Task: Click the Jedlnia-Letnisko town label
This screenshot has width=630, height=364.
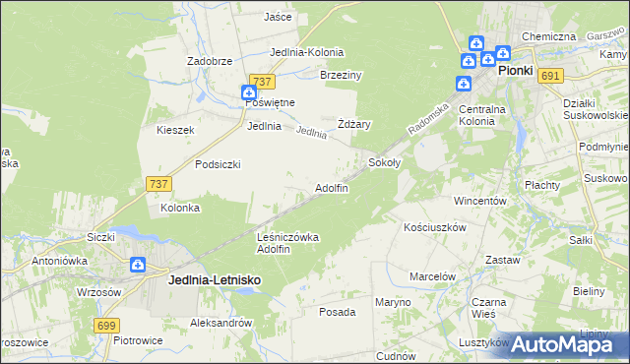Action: tap(214, 280)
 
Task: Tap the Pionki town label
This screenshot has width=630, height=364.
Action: tap(515, 71)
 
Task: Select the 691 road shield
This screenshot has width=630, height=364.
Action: tap(550, 77)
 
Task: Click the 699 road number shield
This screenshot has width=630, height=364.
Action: tap(107, 325)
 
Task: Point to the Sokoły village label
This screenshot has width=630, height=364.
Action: tap(384, 161)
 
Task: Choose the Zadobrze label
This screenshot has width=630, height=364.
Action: tap(209, 60)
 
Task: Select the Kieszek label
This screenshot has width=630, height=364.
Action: tap(175, 130)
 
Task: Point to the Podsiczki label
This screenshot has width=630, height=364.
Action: tap(218, 164)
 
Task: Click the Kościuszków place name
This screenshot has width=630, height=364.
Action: tap(434, 226)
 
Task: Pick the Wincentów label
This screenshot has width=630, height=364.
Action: tap(479, 200)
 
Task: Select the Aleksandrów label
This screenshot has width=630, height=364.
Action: tap(220, 322)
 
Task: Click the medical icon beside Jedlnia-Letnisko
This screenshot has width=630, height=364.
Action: tap(138, 265)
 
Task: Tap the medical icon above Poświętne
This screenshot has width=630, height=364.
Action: tap(250, 92)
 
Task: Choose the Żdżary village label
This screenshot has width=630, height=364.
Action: tap(353, 124)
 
